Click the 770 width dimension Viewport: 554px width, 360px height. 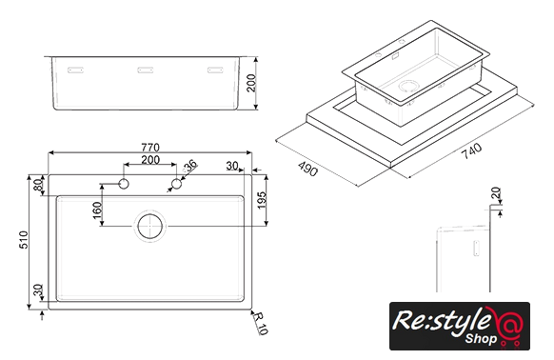(x=150, y=147)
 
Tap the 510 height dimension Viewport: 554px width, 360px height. (x=23, y=239)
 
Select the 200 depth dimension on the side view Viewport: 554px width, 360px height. (x=251, y=83)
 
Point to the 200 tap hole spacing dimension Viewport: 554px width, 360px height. (x=150, y=160)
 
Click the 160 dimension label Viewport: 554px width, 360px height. (x=97, y=210)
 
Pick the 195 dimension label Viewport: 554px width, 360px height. (x=262, y=201)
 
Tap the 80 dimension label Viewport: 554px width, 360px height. (x=38, y=185)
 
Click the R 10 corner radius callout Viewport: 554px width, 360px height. (x=261, y=323)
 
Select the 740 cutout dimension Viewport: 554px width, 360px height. (x=471, y=151)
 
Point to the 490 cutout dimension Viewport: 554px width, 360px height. (x=307, y=169)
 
